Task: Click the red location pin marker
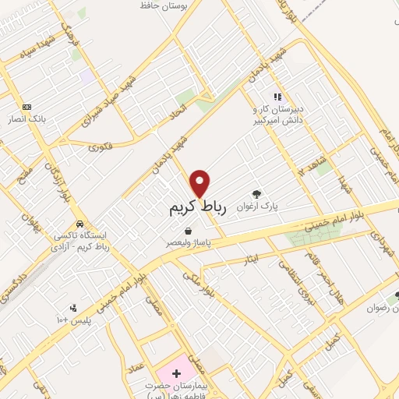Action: pyautogui.click(x=200, y=184)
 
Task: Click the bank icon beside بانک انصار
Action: pyautogui.click(x=27, y=106)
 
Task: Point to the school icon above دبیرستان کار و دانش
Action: pyautogui.click(x=276, y=97)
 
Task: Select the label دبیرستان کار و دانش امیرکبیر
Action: pyautogui.click(x=276, y=115)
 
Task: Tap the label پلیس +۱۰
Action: pyautogui.click(x=73, y=320)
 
